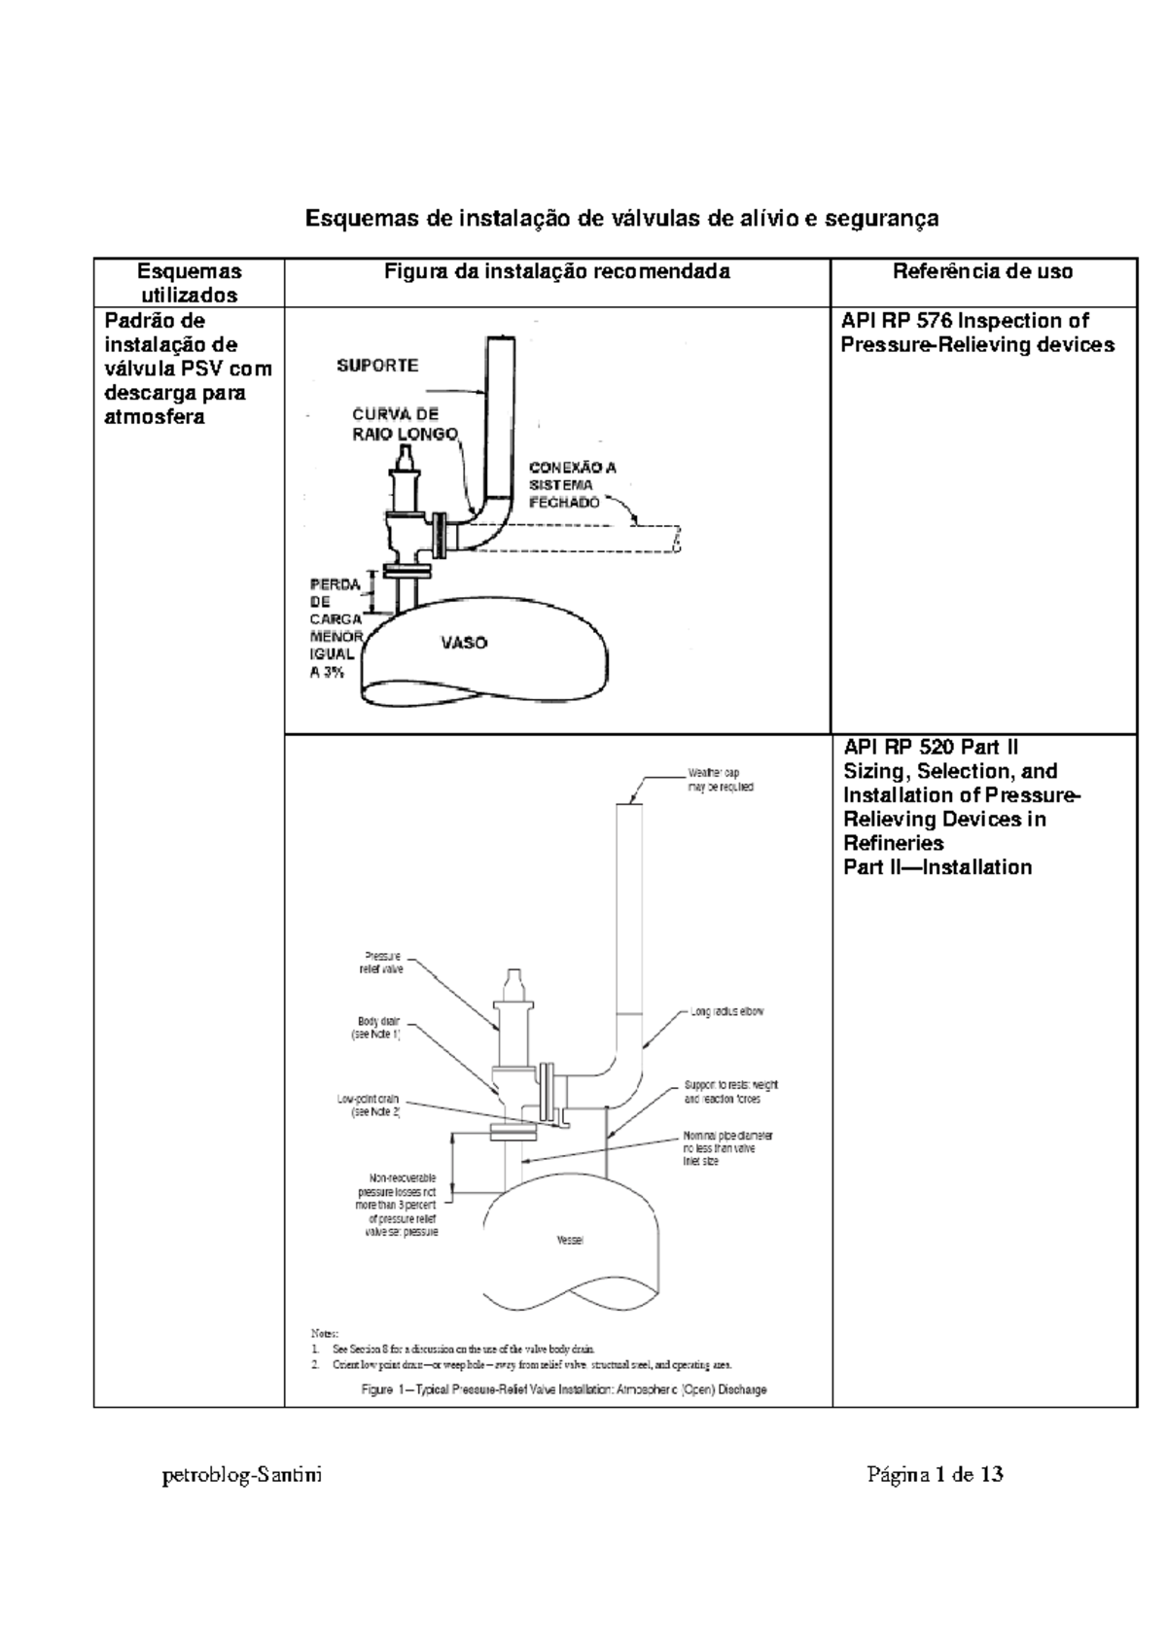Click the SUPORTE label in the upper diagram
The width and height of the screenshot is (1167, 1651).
(377, 366)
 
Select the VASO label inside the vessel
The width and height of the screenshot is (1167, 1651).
(464, 643)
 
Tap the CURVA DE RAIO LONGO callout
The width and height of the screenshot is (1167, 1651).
(403, 424)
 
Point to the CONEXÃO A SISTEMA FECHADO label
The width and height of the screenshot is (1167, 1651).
(572, 484)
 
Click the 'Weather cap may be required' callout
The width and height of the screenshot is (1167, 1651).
(720, 780)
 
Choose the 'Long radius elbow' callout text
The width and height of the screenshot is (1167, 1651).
(727, 1011)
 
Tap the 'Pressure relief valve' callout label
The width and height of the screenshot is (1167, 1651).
(381, 963)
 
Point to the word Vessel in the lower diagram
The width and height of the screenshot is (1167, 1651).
(570, 1241)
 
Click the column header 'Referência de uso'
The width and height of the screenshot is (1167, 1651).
(982, 272)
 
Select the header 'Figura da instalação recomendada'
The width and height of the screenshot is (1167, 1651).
(557, 272)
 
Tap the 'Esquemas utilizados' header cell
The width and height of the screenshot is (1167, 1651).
(189, 283)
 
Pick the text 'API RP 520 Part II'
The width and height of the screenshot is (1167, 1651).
(931, 748)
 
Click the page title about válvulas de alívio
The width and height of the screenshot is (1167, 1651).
(622, 219)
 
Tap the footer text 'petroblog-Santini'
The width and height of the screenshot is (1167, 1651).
(242, 1475)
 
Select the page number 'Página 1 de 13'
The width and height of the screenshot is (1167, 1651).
(935, 1475)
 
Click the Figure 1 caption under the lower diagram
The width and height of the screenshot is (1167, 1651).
(564, 1389)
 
